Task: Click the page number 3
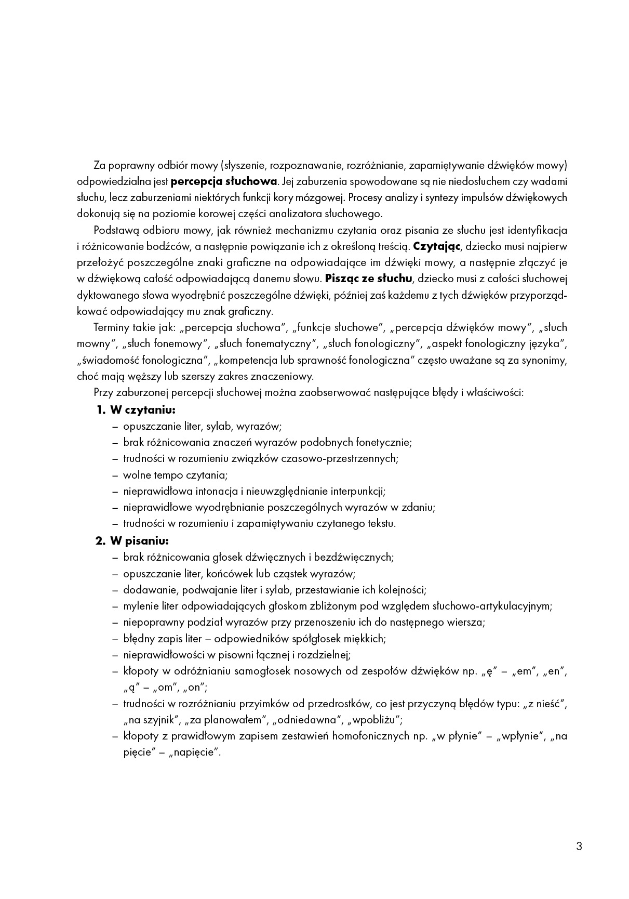[579, 846]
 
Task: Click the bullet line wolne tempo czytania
[175, 475]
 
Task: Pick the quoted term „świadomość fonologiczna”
[142, 360]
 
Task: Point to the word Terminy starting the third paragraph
[110, 327]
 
